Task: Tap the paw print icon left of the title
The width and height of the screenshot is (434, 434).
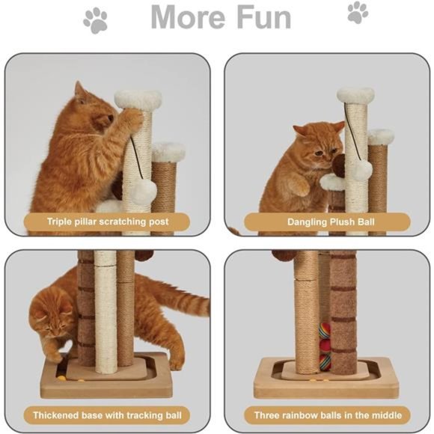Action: [x=95, y=20]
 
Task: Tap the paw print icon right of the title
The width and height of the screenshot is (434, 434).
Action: [x=358, y=13]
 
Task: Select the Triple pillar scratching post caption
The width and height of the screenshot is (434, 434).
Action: [x=108, y=221]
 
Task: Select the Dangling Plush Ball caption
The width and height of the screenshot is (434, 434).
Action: [x=327, y=221]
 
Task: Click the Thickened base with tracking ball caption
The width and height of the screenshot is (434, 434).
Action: [x=107, y=415]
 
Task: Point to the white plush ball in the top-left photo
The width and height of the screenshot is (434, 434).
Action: [x=143, y=192]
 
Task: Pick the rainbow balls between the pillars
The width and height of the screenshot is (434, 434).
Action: [x=324, y=345]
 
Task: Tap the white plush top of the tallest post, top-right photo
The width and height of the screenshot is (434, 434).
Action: [x=355, y=95]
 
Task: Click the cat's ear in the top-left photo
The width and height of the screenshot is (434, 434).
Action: [x=79, y=91]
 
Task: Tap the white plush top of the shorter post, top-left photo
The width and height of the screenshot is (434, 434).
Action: [x=168, y=152]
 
